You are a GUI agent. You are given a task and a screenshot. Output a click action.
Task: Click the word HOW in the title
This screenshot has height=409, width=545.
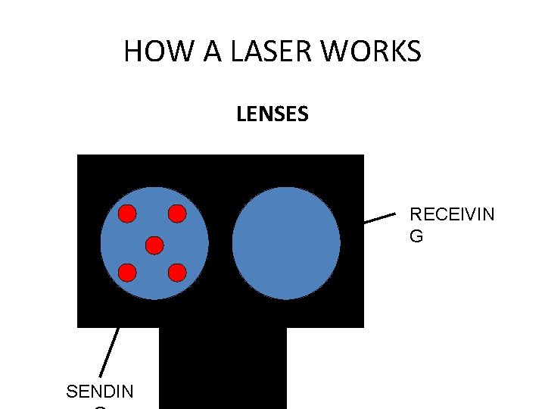[x=148, y=52]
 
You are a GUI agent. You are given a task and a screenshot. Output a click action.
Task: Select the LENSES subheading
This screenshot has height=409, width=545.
[x=272, y=114]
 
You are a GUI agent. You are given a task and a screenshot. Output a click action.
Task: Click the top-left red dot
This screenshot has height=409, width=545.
[x=127, y=214]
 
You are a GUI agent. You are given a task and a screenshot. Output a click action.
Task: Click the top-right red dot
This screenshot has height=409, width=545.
[x=176, y=214]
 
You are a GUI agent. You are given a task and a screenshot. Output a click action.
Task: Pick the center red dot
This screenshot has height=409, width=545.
[x=154, y=245]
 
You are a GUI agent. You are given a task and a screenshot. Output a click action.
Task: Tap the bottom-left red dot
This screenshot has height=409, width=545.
[x=127, y=272]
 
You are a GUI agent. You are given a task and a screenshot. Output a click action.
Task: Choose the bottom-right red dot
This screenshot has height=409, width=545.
[x=176, y=272]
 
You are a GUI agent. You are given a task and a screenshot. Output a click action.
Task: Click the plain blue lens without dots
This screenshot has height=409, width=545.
[x=286, y=243]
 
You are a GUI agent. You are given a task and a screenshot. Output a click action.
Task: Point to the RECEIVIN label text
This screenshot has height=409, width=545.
[x=452, y=214]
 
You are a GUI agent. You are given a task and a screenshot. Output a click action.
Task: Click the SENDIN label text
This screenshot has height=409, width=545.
[x=100, y=392]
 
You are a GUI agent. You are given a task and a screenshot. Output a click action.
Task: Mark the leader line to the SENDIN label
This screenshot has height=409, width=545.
[x=110, y=352]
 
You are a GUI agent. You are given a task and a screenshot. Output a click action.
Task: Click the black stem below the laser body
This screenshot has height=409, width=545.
[x=223, y=367]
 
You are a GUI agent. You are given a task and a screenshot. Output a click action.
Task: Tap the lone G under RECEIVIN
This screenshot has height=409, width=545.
[x=416, y=236]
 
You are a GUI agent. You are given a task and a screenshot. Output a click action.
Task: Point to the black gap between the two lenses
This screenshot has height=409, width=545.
[x=220, y=243]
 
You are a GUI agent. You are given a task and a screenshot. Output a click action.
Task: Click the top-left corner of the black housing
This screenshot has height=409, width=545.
[x=79, y=157]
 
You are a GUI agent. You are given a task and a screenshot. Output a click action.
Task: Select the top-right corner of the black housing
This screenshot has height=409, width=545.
[x=362, y=157]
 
